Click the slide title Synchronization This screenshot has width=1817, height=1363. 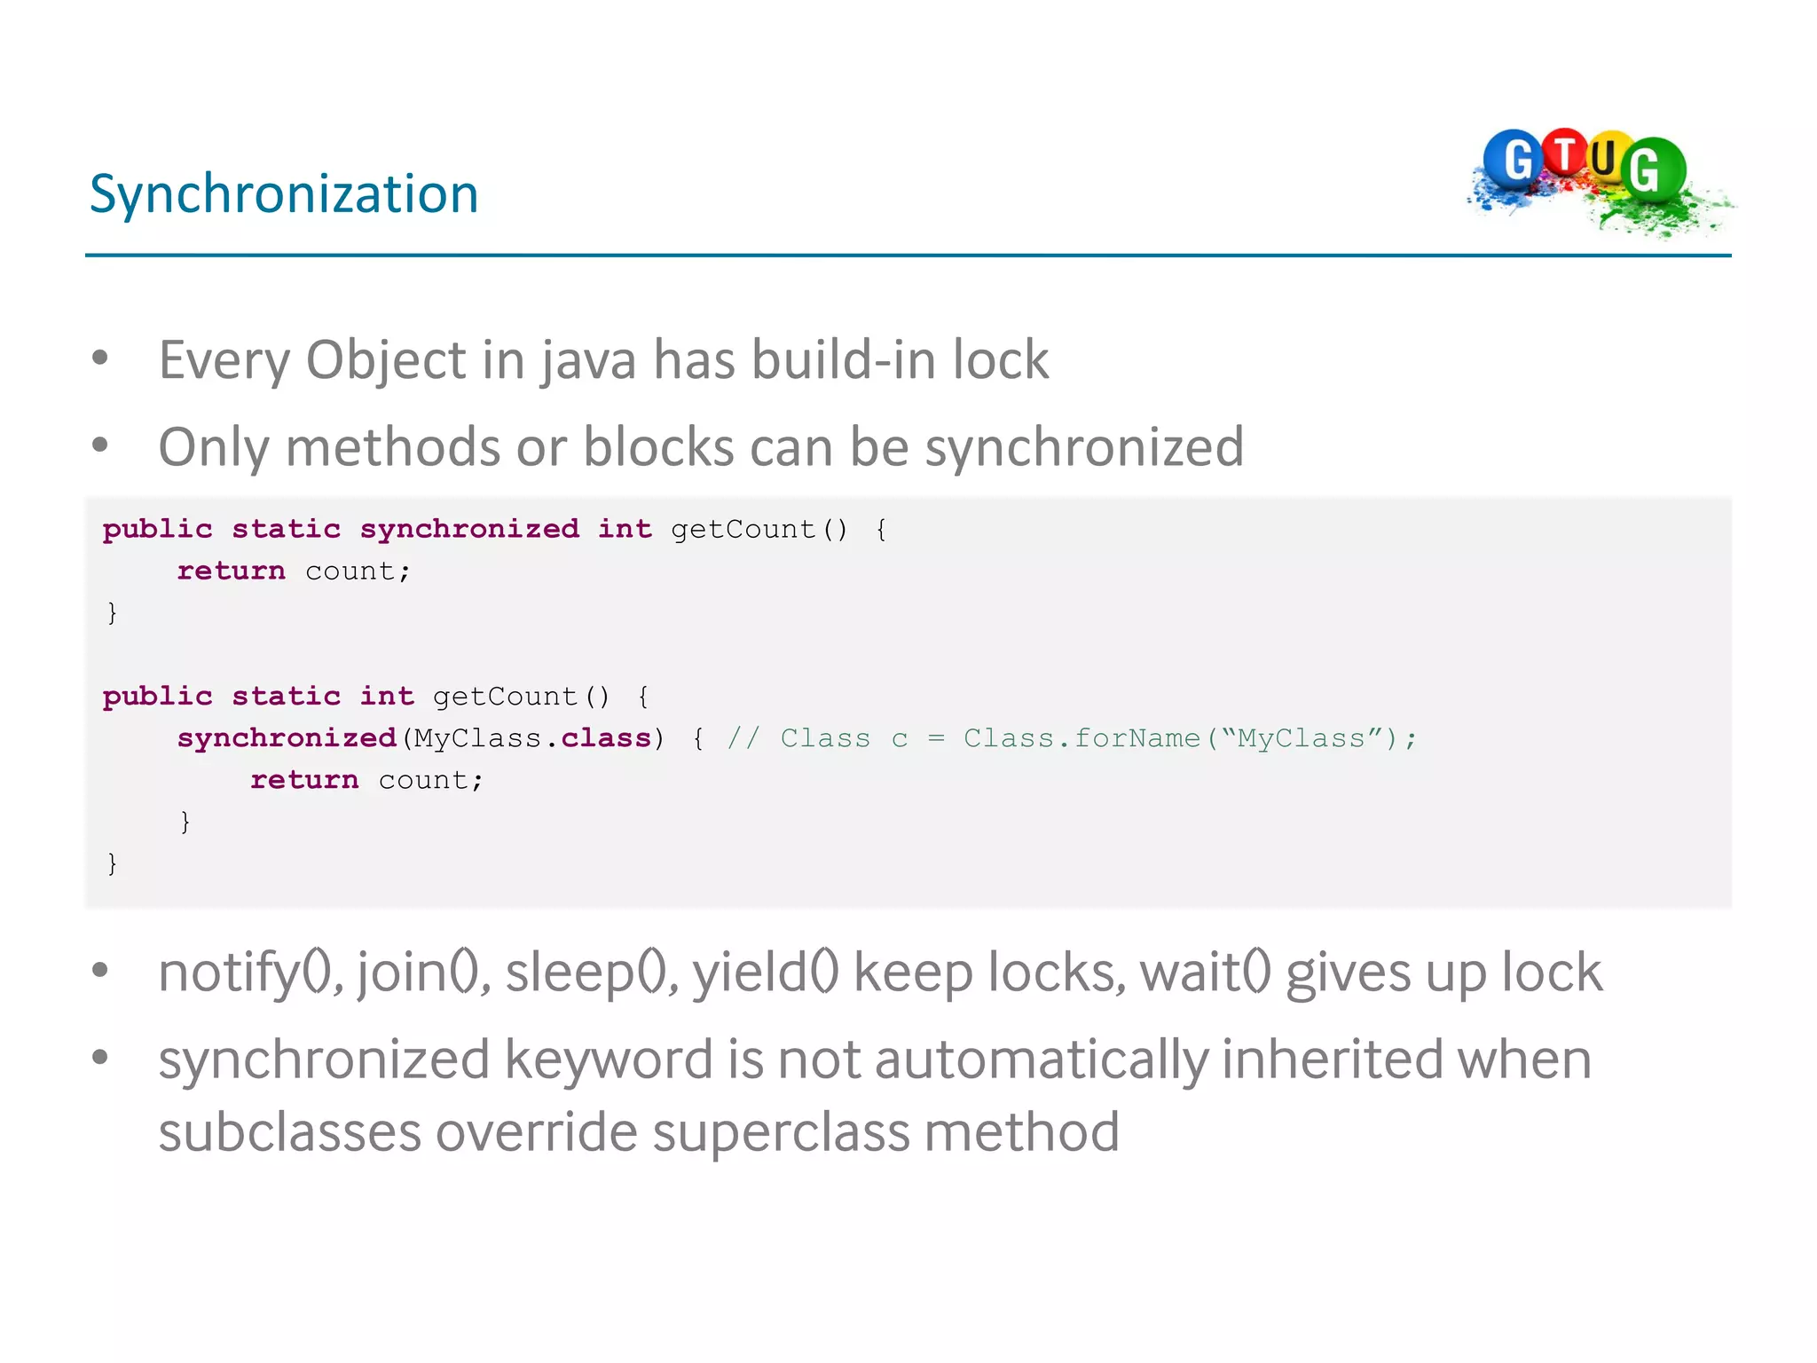[284, 193]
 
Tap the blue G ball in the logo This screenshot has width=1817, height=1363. [1514, 160]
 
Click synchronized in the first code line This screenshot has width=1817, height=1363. [469, 529]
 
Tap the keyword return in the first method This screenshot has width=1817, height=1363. [232, 571]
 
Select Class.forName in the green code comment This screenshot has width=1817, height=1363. [1082, 738]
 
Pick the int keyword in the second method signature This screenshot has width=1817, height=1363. [387, 697]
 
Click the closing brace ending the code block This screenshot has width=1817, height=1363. [112, 863]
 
